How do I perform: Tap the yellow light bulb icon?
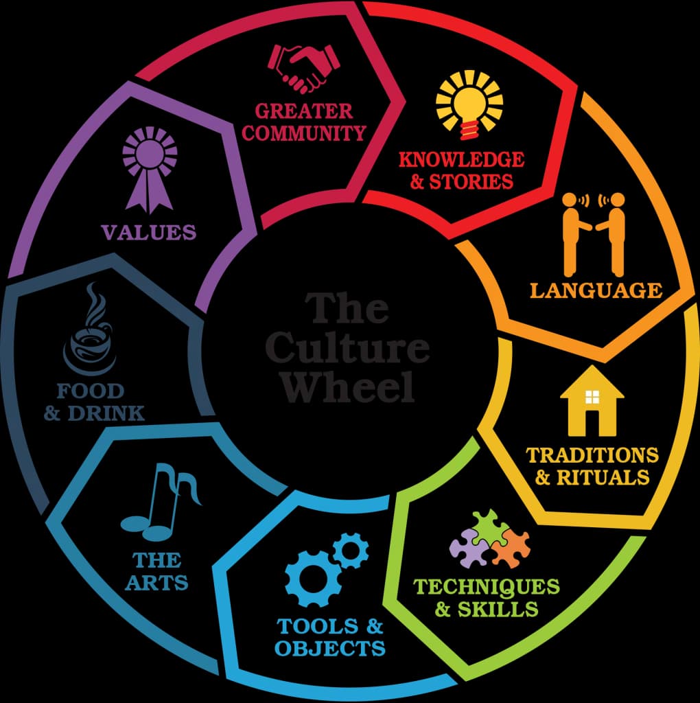pyautogui.click(x=469, y=106)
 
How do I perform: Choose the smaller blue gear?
pyautogui.click(x=351, y=549)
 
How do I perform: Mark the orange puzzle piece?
pyautogui.click(x=511, y=550)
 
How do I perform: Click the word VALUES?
pyautogui.click(x=149, y=232)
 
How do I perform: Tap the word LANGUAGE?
pyautogui.click(x=596, y=290)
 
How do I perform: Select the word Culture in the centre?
pyautogui.click(x=347, y=347)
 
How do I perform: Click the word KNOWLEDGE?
pyautogui.click(x=461, y=160)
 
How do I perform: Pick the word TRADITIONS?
pyautogui.click(x=592, y=454)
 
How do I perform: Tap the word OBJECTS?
pyautogui.click(x=330, y=647)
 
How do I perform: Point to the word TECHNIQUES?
pyautogui.click(x=486, y=587)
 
